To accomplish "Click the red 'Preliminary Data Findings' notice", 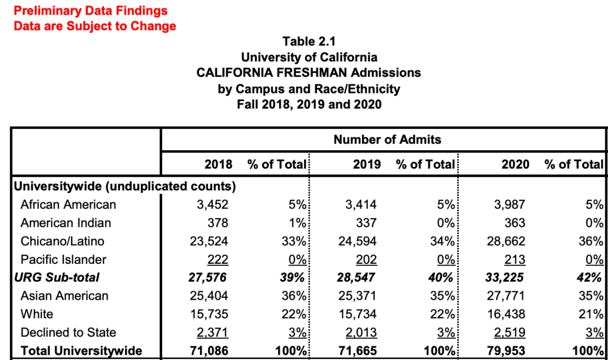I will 91,11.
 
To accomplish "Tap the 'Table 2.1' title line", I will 309,42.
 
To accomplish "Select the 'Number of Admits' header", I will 387,139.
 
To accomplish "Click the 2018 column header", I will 218,164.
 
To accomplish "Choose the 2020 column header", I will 515,164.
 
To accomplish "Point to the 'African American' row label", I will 68,205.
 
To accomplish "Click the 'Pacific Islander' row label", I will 63,260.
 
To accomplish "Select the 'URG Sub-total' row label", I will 56,277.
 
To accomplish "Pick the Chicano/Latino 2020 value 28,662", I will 506,241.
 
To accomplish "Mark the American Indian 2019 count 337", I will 366,223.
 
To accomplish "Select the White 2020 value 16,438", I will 506,314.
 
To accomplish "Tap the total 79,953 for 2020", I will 506,351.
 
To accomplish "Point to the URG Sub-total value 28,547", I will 356,277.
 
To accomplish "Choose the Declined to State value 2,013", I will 359,332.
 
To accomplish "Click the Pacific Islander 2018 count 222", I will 217,260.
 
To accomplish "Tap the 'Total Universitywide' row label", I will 78,351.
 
